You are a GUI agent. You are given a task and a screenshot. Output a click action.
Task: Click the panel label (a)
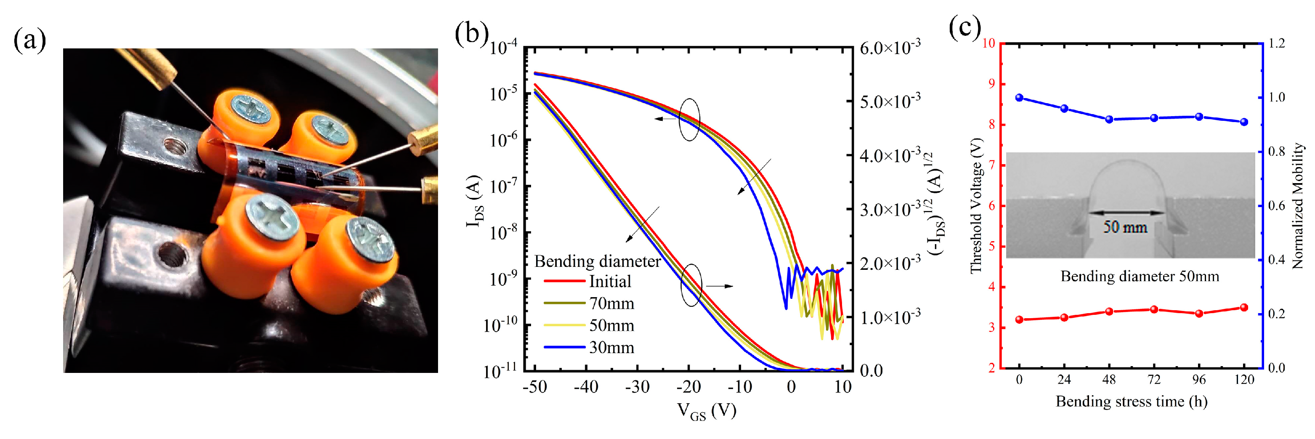click(29, 40)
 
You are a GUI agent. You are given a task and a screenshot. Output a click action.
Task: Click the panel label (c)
click(964, 27)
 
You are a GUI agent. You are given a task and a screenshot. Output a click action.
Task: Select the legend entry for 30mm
click(611, 348)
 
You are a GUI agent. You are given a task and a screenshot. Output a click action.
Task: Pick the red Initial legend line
click(564, 281)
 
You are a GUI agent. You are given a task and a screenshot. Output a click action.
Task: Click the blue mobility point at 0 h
click(1020, 98)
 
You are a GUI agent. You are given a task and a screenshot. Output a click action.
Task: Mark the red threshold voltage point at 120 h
click(1244, 308)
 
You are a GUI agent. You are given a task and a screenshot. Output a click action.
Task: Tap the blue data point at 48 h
click(1109, 120)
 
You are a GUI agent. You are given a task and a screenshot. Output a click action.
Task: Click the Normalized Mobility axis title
click(1298, 206)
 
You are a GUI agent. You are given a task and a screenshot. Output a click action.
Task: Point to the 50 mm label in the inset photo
click(1125, 227)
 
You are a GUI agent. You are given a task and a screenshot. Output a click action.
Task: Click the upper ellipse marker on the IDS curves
click(689, 120)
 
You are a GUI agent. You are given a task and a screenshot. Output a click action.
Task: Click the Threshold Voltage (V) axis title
click(975, 206)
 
